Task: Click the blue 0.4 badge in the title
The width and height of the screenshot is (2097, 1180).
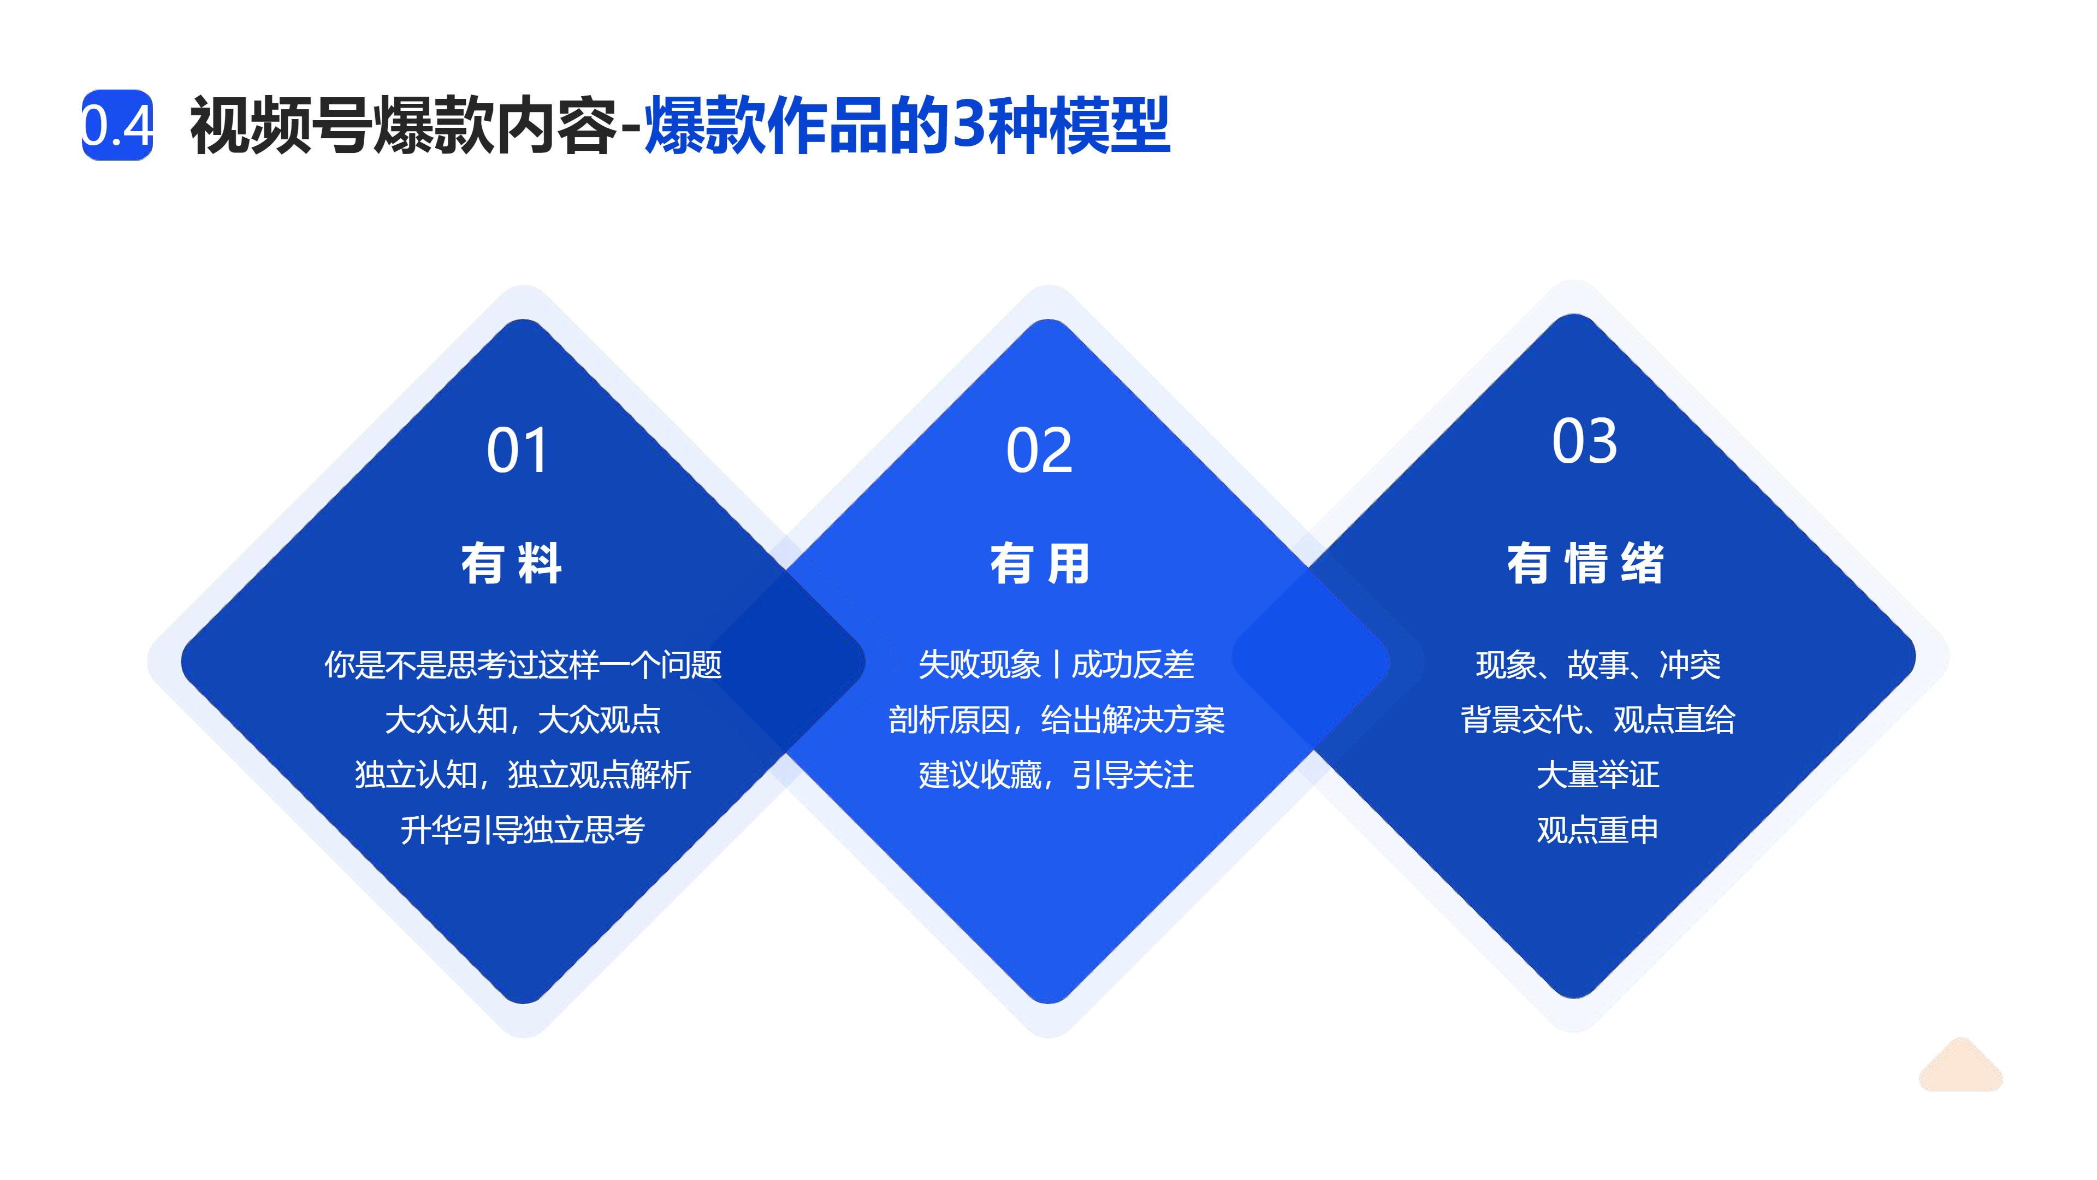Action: pyautogui.click(x=117, y=125)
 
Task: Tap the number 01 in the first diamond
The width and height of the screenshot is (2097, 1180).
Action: pyautogui.click(x=518, y=450)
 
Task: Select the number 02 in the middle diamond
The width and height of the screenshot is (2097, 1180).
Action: pyautogui.click(x=1040, y=450)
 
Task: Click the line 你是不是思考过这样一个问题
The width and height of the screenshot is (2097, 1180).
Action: pyautogui.click(x=523, y=664)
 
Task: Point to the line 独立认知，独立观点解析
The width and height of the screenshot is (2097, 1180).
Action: pyautogui.click(x=523, y=775)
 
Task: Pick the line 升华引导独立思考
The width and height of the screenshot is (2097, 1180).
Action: pyautogui.click(x=523, y=830)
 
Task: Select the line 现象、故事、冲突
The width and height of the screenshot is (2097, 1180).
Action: pyautogui.click(x=1598, y=664)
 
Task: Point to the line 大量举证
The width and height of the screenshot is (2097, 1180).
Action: pyautogui.click(x=1598, y=775)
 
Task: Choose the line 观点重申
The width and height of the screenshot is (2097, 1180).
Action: pyautogui.click(x=1598, y=830)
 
